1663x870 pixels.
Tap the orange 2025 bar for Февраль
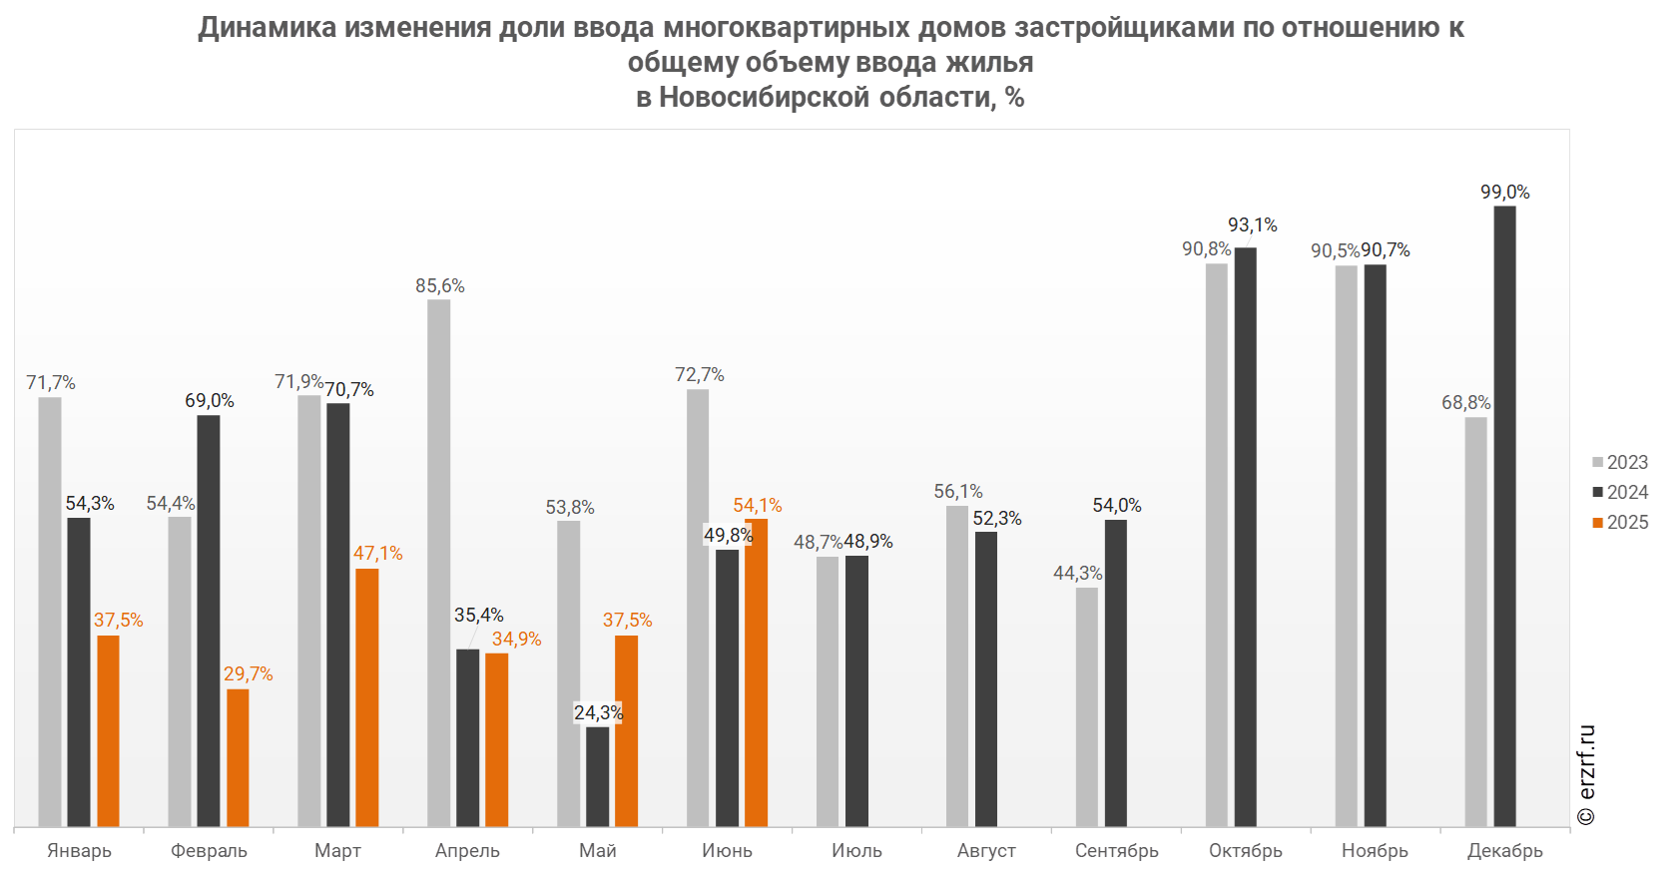coord(238,757)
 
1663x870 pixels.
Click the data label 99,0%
coord(1504,193)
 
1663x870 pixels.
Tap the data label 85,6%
coord(440,286)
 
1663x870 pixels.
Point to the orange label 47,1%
coord(378,554)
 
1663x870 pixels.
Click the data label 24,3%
coord(598,712)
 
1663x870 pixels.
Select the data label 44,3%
coord(1078,574)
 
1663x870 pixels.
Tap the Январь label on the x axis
coord(79,850)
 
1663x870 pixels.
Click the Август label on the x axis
coord(986,850)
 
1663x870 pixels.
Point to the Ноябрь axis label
coord(1375,850)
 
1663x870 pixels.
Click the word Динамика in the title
coord(267,27)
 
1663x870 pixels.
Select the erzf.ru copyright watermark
coord(1586,774)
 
